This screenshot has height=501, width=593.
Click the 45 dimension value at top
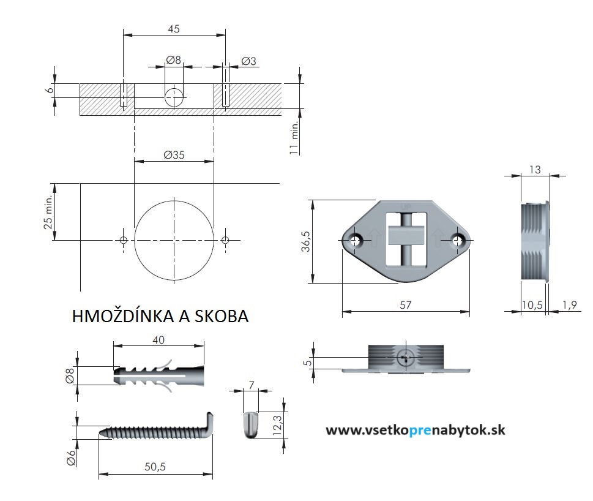[x=174, y=29]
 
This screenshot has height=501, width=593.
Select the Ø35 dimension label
[x=174, y=155]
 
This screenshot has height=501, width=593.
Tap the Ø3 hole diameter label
[x=248, y=61]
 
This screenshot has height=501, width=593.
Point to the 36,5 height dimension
[x=305, y=241]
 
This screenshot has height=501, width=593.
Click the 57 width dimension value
[x=405, y=305]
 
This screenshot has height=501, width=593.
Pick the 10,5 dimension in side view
[x=532, y=305]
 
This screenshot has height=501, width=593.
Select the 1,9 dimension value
[x=569, y=305]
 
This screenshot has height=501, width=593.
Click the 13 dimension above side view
[x=535, y=170]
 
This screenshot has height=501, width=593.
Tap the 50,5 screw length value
[x=155, y=467]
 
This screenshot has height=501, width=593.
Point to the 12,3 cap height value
[x=277, y=424]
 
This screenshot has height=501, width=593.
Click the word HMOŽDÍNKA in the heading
[x=124, y=317]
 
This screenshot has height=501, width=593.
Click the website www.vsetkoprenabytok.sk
[x=416, y=430]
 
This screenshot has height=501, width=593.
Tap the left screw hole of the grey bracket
[x=355, y=240]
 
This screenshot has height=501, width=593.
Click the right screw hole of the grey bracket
[x=457, y=240]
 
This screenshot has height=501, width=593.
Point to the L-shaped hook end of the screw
[x=207, y=424]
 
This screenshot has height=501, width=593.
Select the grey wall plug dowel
[x=159, y=375]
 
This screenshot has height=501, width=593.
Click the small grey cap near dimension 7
[x=250, y=425]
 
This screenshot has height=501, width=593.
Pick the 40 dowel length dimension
[x=159, y=340]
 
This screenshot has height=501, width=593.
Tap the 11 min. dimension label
[x=294, y=137]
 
